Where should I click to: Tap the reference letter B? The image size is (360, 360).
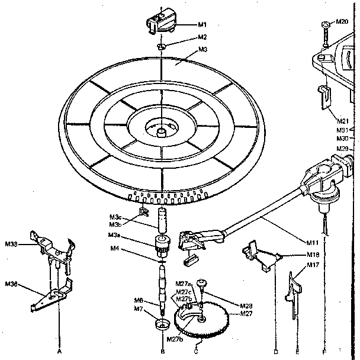(x=162, y=351)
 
